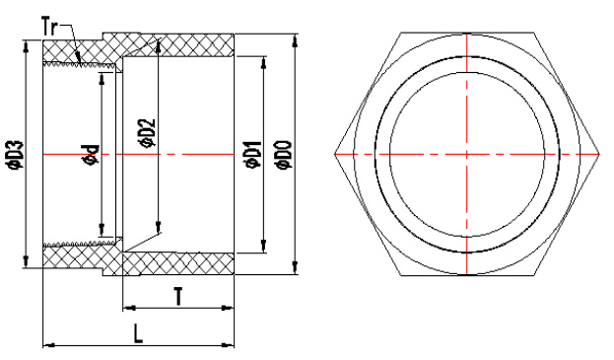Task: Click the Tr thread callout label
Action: click(x=49, y=28)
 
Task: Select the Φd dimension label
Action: click(x=91, y=155)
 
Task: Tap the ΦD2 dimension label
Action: click(x=147, y=133)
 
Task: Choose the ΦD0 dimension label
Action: click(x=284, y=155)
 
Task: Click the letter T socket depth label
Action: click(x=178, y=296)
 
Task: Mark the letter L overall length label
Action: click(x=138, y=333)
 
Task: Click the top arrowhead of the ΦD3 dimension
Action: click(x=27, y=45)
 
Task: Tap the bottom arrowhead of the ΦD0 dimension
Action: click(x=295, y=268)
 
